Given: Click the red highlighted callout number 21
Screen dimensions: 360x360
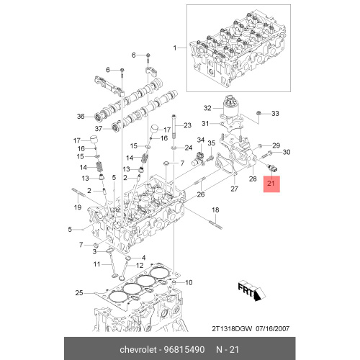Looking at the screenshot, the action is [271, 184].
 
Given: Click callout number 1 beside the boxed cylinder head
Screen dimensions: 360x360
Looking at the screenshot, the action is [175, 48].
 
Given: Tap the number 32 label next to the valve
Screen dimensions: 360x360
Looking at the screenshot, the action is [207, 108].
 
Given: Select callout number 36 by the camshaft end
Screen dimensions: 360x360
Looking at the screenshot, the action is [81, 117].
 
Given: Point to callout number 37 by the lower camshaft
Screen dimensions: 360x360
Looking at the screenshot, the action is [99, 129].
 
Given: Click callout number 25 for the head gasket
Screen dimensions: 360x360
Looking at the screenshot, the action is [79, 293].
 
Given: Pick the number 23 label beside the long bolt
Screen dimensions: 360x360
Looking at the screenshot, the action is [187, 125].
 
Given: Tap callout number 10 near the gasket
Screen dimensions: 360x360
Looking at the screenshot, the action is [189, 282].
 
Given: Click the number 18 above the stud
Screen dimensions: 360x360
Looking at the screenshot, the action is [215, 210].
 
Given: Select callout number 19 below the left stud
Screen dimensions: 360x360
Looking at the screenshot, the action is [78, 207].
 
